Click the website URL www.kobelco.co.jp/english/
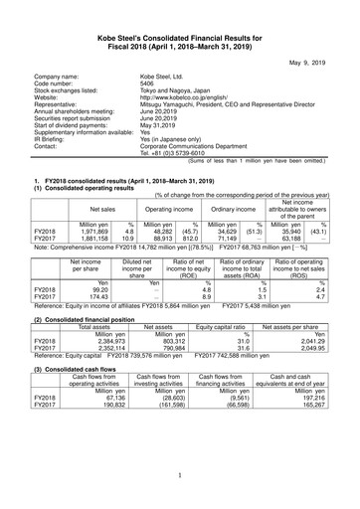(x=188, y=99)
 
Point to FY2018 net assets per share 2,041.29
(x=289, y=340)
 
